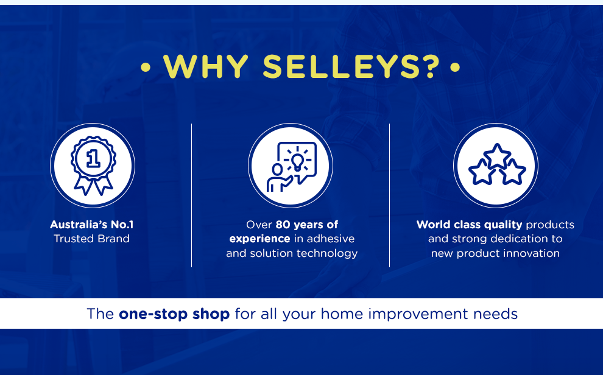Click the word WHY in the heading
pos(205,66)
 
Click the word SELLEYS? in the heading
pos(351,66)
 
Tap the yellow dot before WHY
pos(146,68)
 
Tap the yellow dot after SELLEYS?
pos(455,68)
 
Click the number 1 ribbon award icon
pos(93,165)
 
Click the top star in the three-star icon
pos(497,156)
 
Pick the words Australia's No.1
pos(92,225)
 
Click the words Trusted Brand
pos(91,239)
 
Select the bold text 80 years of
pos(307,225)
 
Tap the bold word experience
pos(259,239)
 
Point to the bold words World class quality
pos(469,225)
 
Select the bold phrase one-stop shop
pos(174,314)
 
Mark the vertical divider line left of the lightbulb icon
pos(191,195)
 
